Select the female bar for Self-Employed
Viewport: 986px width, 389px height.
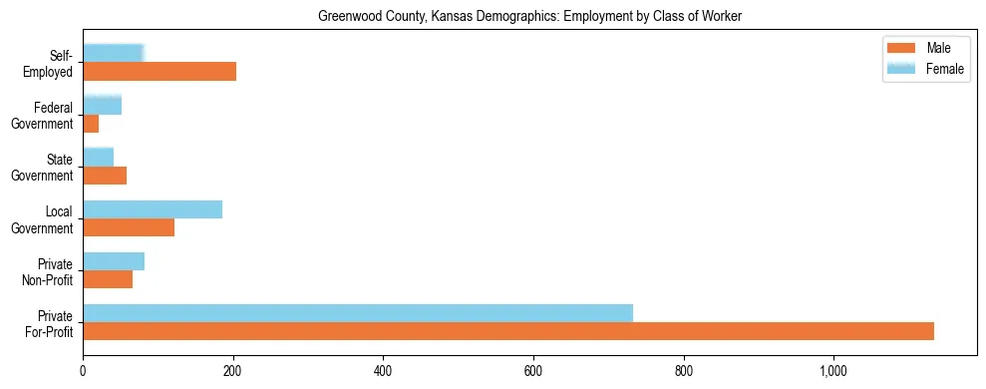point(114,53)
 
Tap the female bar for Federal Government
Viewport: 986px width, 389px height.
point(102,105)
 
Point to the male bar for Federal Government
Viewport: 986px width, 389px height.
point(91,123)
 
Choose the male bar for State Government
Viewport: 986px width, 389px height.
point(105,176)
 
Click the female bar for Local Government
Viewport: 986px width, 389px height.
point(153,209)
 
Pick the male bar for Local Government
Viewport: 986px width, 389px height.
point(129,227)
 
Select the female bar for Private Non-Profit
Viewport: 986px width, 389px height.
point(114,261)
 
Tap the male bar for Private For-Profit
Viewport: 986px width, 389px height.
point(508,331)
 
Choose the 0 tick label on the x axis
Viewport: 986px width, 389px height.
point(83,371)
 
